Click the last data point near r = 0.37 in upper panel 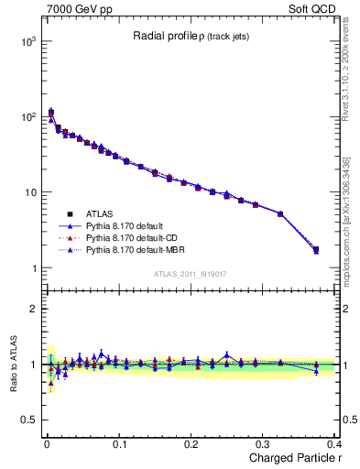click(316, 249)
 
